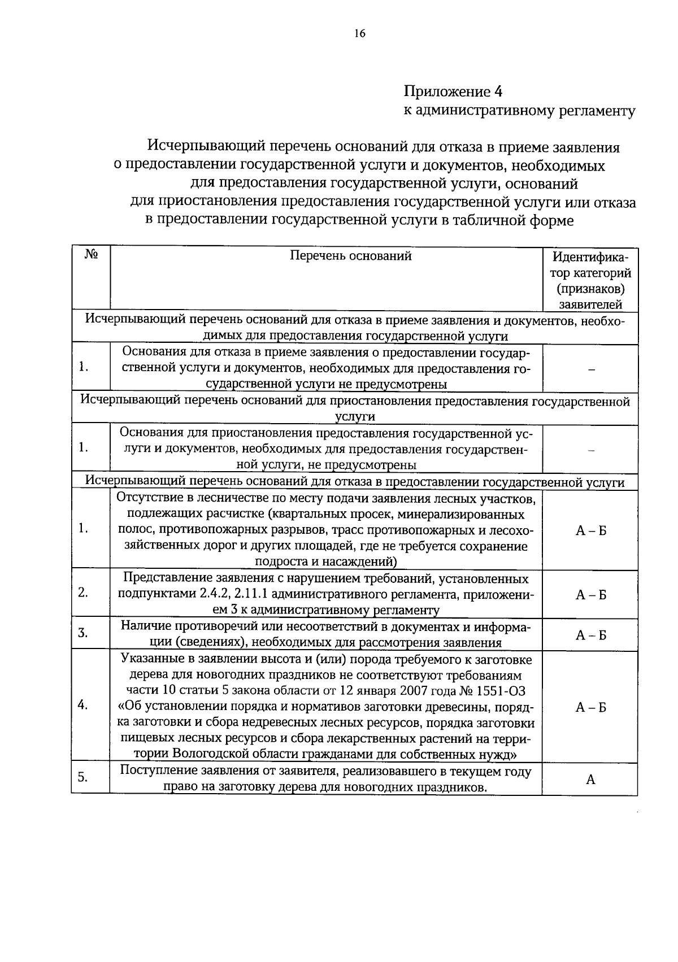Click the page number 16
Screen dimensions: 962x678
tap(360, 34)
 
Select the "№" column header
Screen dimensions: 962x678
tap(91, 255)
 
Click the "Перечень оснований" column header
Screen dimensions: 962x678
tap(350, 256)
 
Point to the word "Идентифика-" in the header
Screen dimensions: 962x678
tap(590, 257)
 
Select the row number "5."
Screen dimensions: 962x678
tap(82, 777)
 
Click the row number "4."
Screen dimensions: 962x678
tap(82, 705)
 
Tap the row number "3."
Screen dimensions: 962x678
tap(82, 633)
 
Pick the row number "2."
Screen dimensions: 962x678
tap(82, 593)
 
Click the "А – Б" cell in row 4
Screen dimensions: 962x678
tap(590, 708)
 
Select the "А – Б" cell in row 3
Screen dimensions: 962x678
tap(590, 635)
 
